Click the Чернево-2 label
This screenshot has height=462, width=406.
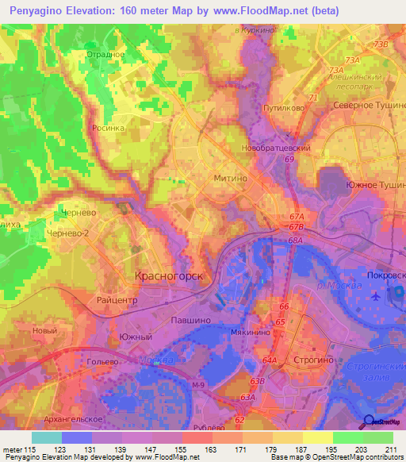pyautogui.click(x=68, y=234)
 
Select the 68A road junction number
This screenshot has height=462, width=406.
pyautogui.click(x=297, y=240)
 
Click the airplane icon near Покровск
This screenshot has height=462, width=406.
pyautogui.click(x=375, y=296)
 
